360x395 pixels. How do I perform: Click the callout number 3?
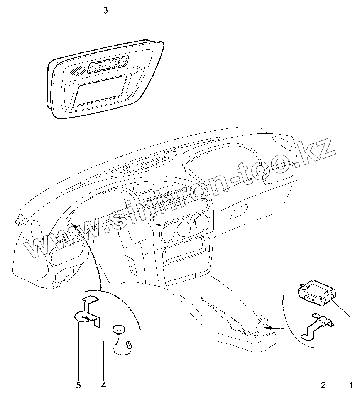pos(106,11)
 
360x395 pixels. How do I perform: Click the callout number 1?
pos(351,385)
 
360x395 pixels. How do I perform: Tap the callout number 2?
pos(323,385)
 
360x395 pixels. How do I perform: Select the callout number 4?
pos(104,385)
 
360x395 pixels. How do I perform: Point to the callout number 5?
pos(79,385)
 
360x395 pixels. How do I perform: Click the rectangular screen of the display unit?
pos(101,90)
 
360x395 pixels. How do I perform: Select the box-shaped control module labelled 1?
pos(317,292)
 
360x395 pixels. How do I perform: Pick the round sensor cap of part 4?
pos(120,329)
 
